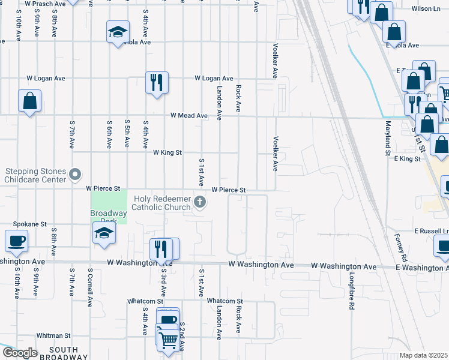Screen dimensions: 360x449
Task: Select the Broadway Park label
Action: coord(109,214)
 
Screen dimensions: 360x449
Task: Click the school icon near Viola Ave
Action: coord(118,32)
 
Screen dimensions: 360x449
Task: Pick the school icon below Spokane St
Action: coord(104,233)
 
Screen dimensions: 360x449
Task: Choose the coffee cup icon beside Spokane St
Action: coord(16,242)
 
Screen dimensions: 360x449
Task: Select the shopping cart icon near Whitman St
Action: coord(169,340)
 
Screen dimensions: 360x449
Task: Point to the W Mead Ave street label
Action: coord(188,115)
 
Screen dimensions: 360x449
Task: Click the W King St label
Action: coord(167,152)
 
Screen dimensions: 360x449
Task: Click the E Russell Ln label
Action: coord(431,230)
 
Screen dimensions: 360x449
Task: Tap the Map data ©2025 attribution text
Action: coord(423,355)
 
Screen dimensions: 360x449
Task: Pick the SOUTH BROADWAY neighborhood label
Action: coord(64,353)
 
